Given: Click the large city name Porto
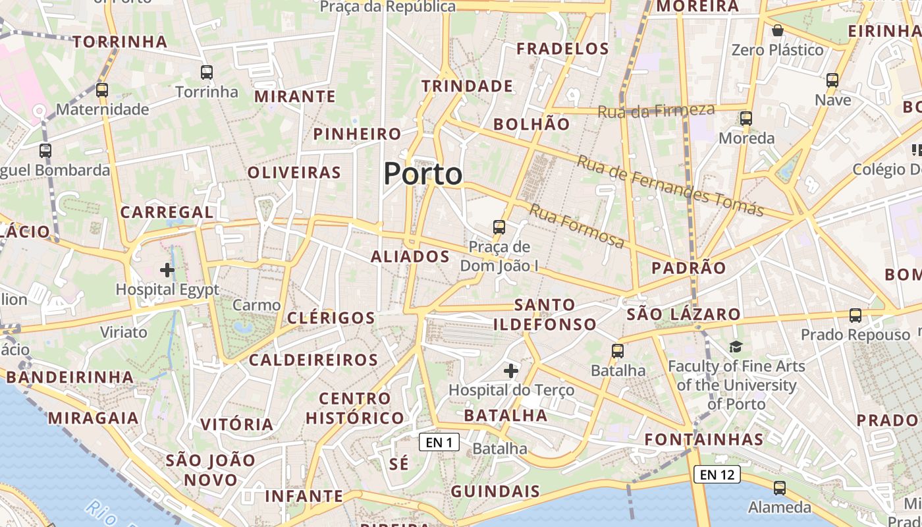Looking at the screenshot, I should pos(423,174).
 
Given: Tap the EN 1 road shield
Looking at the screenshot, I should pos(439,442).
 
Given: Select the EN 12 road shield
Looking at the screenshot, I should pos(717,474).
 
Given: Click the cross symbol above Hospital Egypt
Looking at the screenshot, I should pos(167,269).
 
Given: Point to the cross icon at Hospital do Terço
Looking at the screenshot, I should pos(511,371).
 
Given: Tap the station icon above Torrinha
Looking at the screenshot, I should pos(207,72).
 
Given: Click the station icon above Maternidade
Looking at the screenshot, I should pos(102,90).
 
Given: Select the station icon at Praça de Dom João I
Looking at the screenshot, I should pos(499,227).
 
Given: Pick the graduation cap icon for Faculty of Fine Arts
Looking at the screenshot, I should pos(736,347).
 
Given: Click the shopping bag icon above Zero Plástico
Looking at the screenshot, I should pos(778,30).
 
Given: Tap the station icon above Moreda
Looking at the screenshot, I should pos(746,119).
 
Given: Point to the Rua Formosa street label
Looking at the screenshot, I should pos(577,227).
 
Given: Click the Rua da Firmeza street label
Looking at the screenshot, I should pos(656,111).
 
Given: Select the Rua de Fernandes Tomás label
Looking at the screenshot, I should pos(670,186).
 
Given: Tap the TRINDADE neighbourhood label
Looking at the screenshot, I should pos(467,86).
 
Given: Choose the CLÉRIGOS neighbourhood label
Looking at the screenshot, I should pos(331,318).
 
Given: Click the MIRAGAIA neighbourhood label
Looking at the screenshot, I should pos(93,418).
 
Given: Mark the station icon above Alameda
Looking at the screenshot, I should pos(780,488).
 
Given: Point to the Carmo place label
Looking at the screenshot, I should pos(257,305).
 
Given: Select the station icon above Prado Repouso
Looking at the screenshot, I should pos(855,316).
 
